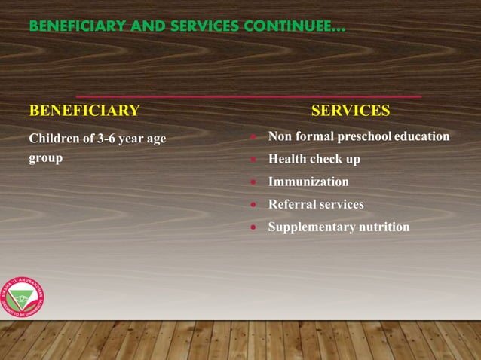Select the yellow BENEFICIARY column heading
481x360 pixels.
pyautogui.click(x=84, y=111)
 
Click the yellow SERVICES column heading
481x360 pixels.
pyautogui.click(x=351, y=111)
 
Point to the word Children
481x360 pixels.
pyautogui.click(x=53, y=139)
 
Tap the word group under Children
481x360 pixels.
pyautogui.click(x=45, y=158)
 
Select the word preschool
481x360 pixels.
pyautogui.click(x=364, y=136)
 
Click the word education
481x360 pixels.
pyautogui.click(x=422, y=136)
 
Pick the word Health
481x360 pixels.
pyautogui.click(x=287, y=159)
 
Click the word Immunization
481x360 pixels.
pyautogui.click(x=308, y=182)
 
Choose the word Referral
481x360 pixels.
pyautogui.click(x=292, y=204)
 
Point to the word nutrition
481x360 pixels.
pyautogui.click(x=384, y=227)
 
